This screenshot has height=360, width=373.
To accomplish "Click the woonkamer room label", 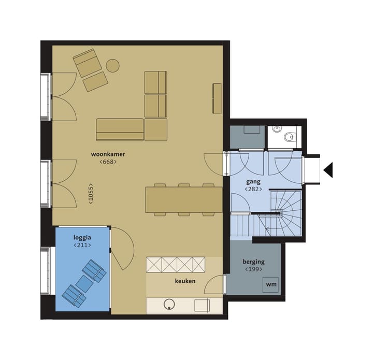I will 108,154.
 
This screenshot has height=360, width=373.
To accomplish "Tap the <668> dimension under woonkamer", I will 108,162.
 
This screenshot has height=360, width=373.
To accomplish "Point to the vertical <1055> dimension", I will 91,194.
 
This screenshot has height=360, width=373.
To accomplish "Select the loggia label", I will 82,237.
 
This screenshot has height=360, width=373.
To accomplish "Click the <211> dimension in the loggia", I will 82,244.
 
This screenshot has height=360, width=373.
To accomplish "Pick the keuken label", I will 185,281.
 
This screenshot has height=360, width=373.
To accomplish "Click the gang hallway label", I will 253,182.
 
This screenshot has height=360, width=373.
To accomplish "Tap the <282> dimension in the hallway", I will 253,190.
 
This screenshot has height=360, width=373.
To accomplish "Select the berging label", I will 253,262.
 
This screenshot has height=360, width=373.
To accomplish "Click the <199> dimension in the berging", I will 253,269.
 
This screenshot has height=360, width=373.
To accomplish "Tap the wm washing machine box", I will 271,285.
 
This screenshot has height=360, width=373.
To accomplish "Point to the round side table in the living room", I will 112,66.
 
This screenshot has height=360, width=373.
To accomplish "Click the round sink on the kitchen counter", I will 169,305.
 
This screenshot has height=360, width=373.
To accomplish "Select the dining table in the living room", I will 184,199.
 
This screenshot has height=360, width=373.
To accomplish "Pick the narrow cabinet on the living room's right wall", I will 217,98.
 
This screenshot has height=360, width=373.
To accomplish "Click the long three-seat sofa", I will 120,129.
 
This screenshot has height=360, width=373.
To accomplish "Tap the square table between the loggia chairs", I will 84,283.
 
